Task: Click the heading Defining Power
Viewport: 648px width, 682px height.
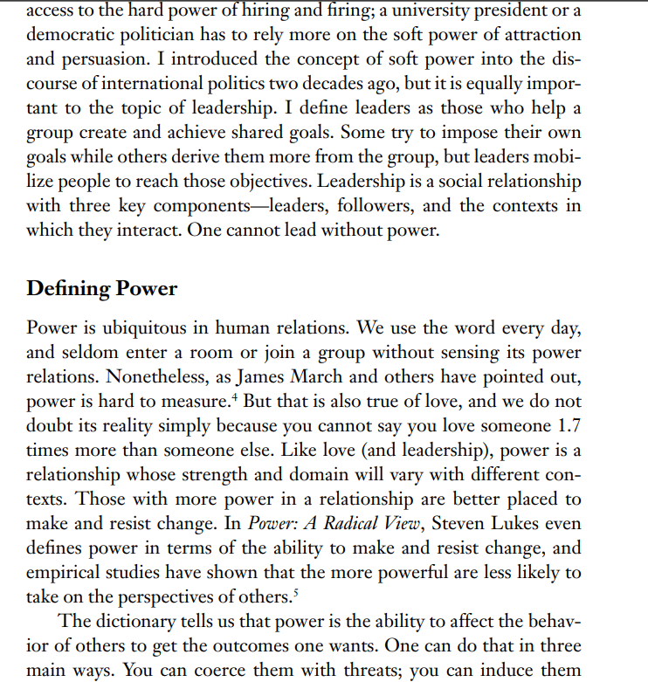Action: click(x=102, y=289)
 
